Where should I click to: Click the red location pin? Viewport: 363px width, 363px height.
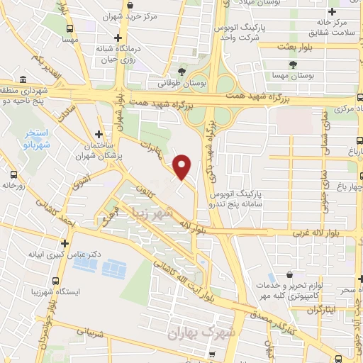click(182, 166)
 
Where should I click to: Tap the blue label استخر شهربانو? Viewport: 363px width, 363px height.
click(30, 138)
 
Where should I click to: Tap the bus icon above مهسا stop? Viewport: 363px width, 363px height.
click(69, 29)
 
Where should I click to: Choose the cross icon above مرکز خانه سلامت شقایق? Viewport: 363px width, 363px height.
click(332, 12)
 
